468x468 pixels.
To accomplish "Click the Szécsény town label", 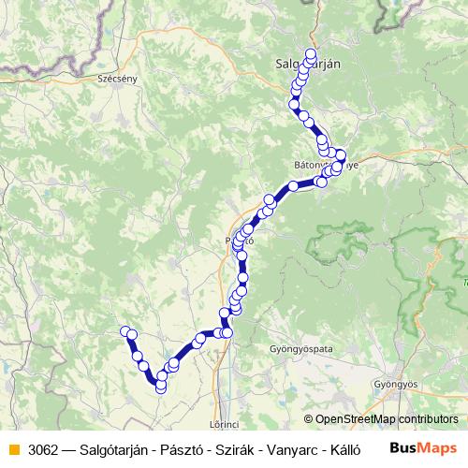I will click(117, 79).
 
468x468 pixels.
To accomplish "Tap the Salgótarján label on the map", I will click(309, 64).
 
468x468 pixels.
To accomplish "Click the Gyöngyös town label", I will click(393, 384).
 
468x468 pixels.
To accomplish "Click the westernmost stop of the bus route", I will click(124, 330).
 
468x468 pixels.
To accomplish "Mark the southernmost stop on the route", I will click(161, 387).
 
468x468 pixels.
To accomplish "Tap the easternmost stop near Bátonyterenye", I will click(341, 155).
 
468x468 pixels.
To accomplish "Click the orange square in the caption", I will click(13, 448).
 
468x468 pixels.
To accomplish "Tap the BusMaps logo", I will click(423, 447).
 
